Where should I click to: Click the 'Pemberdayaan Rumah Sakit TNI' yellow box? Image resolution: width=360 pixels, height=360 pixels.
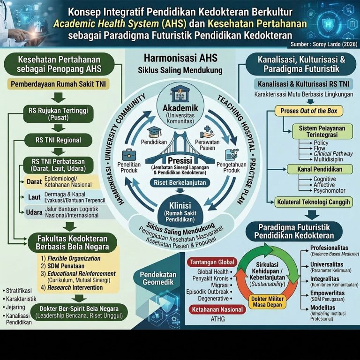(58, 84)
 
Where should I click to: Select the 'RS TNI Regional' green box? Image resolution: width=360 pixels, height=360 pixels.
(58, 140)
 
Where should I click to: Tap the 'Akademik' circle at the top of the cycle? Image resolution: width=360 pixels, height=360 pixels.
(180, 106)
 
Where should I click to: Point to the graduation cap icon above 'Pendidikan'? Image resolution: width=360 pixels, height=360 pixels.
(154, 132)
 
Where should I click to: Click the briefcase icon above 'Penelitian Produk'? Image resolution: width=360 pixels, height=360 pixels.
(129, 155)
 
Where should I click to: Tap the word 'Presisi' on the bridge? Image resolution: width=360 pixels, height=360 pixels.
(180, 160)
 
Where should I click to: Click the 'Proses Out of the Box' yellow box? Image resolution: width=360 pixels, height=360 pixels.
(309, 111)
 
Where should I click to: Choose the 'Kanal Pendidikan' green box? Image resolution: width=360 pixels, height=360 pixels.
(320, 169)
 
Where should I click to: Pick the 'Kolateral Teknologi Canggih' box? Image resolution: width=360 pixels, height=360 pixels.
(314, 202)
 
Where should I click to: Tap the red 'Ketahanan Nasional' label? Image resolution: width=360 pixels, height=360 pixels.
(217, 309)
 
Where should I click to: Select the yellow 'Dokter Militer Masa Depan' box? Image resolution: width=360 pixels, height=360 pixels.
(268, 302)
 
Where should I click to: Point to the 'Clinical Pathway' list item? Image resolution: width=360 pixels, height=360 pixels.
(333, 154)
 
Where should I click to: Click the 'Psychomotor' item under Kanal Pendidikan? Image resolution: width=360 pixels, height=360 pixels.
(330, 191)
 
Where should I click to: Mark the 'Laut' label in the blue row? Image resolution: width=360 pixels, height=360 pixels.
(34, 197)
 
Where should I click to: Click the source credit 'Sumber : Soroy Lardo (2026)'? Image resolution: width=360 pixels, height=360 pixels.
(324, 44)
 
